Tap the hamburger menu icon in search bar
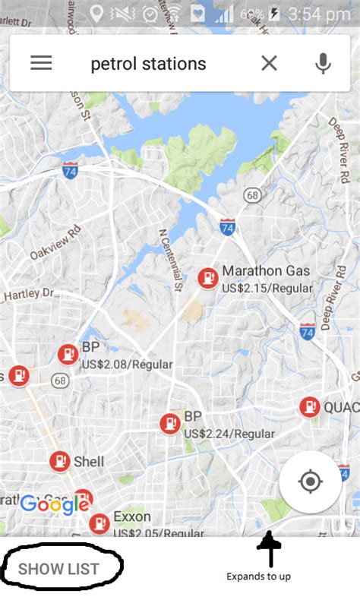coord(41,63)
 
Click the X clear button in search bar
coord(269,63)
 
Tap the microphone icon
coord(323,63)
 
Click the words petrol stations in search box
coord(148,64)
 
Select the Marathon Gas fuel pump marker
coord(207,279)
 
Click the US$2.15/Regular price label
coord(267,289)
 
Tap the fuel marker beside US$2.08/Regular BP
coord(68,354)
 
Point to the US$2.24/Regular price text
coord(229,434)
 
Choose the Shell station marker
coord(60,461)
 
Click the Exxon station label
coord(131,517)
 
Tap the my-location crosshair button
coord(310,482)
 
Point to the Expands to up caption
coord(258,576)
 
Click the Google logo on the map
coord(55,504)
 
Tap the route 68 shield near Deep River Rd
coord(253,196)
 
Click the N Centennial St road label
coord(172,260)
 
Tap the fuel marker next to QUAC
coord(308,407)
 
